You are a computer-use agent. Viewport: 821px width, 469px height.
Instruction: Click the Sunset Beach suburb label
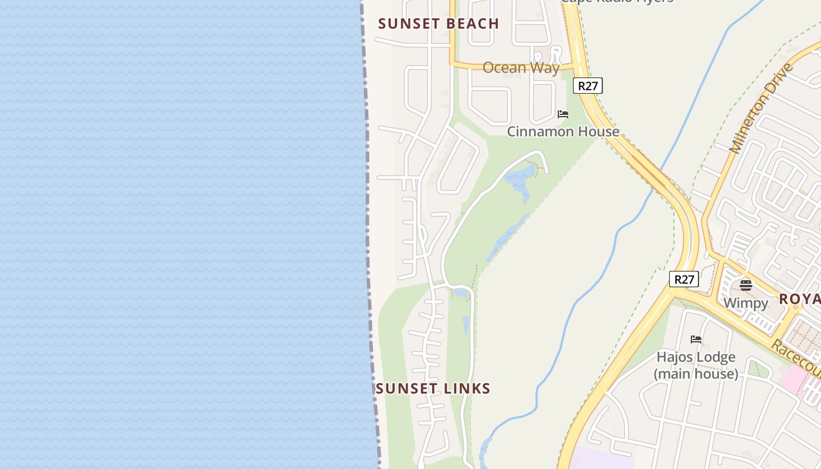click(x=439, y=23)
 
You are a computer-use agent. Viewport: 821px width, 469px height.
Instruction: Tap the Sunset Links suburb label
click(x=433, y=388)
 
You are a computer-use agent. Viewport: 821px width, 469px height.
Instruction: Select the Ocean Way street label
click(x=521, y=67)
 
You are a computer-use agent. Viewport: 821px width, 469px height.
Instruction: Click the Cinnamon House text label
click(x=562, y=131)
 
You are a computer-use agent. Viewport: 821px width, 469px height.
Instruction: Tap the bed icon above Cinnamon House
click(x=563, y=114)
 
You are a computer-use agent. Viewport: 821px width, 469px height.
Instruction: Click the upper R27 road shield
click(x=588, y=86)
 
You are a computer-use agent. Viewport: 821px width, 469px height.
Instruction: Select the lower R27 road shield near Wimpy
click(x=684, y=279)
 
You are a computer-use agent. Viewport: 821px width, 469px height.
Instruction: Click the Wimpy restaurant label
click(x=745, y=303)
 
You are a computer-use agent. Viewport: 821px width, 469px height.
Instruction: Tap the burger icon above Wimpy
click(x=746, y=286)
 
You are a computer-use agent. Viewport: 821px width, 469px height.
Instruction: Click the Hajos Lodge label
click(x=696, y=357)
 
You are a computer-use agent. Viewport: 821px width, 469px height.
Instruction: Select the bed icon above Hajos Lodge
click(x=696, y=339)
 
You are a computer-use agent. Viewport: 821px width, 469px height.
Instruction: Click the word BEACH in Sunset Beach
click(x=470, y=23)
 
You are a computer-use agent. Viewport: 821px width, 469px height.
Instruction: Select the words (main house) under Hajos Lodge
click(x=696, y=373)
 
